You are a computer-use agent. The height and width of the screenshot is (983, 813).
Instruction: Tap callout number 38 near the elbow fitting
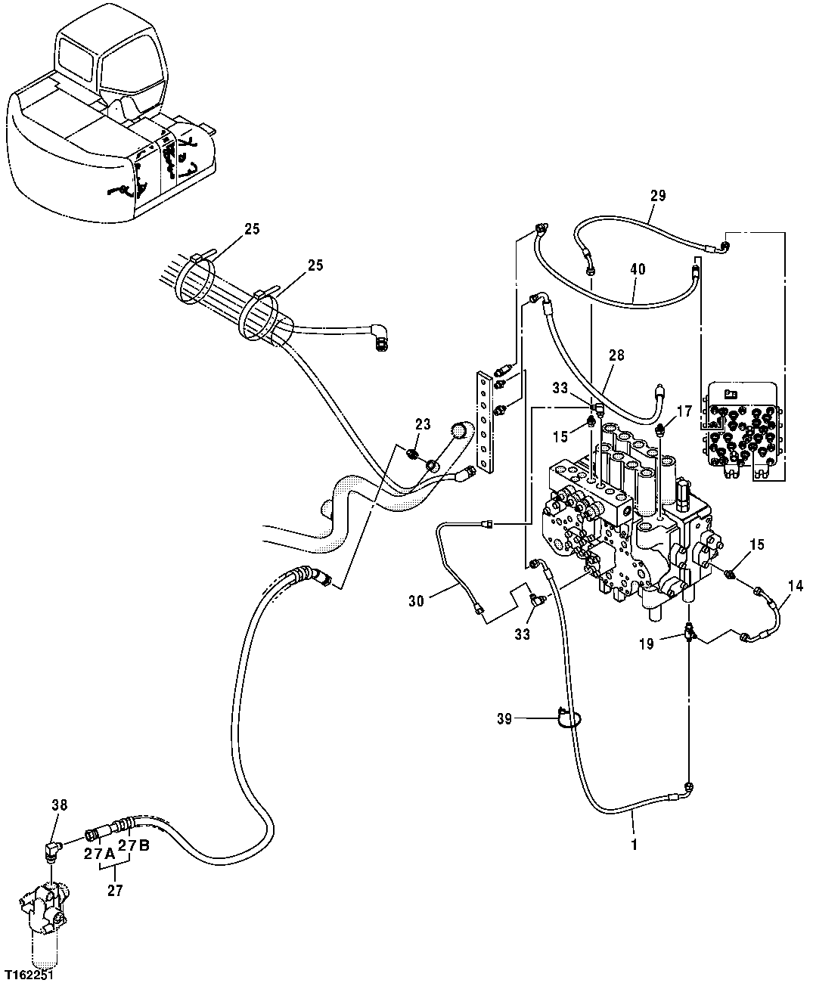pos(59,806)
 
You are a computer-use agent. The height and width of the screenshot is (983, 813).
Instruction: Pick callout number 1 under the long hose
pos(634,844)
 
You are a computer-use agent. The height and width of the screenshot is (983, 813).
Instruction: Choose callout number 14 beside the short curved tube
pos(795,584)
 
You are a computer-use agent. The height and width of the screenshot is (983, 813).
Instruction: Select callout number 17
pos(684,411)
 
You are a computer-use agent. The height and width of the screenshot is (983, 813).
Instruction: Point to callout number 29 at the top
pos(657,196)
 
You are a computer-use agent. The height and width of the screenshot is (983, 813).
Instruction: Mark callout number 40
pos(638,268)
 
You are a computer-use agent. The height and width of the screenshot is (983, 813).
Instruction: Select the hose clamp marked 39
pos(566,715)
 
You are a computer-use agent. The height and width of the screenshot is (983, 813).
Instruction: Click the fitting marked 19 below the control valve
pos(690,631)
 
